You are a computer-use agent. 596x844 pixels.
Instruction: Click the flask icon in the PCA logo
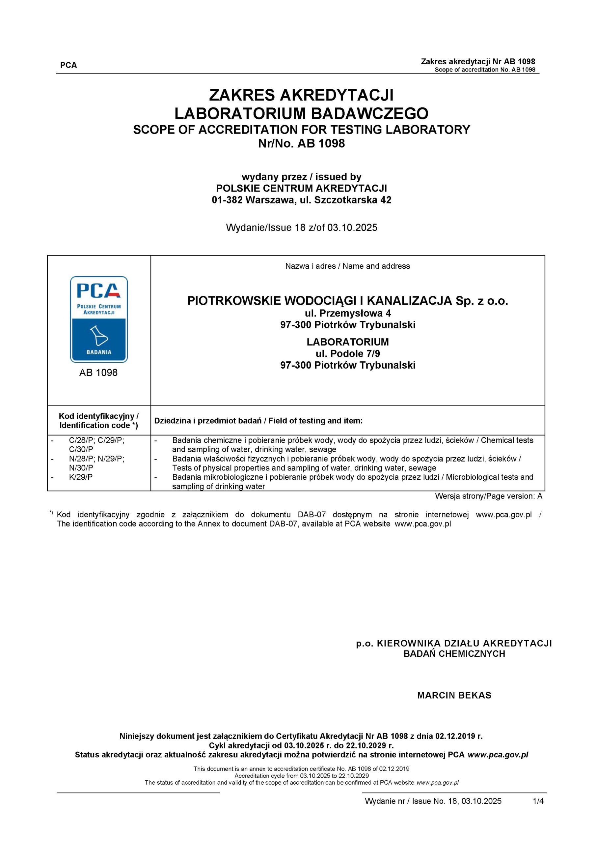coord(99,335)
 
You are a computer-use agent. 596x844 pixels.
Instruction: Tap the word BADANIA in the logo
coord(99,352)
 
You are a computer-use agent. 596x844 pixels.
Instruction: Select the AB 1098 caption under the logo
coord(98,373)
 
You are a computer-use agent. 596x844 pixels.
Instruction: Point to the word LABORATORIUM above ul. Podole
coord(347,342)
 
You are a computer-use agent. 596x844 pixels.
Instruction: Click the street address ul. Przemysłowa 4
coord(347,313)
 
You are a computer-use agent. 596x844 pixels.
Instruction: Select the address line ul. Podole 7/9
coord(347,354)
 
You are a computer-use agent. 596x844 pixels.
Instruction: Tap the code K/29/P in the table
coord(81,477)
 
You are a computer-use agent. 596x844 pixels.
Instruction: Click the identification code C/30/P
coord(81,449)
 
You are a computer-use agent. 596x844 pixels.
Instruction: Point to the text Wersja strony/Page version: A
coord(488,496)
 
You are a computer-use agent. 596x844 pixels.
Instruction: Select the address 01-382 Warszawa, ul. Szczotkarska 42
coord(302,200)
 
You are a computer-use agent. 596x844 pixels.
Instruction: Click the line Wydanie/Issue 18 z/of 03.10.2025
coord(302,227)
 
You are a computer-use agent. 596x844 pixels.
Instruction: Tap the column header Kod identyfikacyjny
coord(98,416)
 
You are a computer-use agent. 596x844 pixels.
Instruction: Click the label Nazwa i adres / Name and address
coord(347,266)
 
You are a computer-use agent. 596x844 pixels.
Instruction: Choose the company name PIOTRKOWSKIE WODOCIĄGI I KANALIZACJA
coord(319,301)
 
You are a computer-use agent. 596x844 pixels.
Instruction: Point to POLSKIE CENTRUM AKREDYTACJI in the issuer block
coord(302,188)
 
